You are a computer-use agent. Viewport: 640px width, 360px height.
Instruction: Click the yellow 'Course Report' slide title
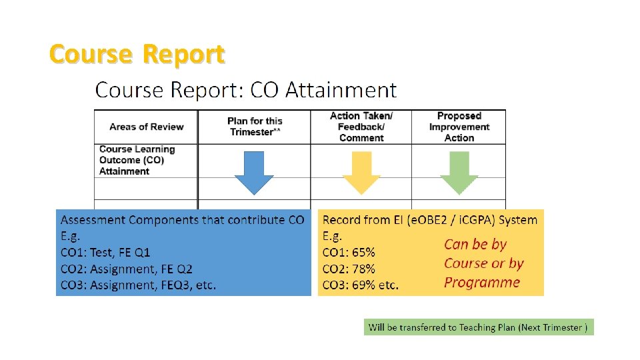137,54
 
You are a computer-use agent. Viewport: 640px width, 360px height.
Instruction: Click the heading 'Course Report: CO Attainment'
246,89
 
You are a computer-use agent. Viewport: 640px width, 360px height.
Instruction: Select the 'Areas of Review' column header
147,127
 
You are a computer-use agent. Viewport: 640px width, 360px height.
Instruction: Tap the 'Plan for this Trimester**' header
255,127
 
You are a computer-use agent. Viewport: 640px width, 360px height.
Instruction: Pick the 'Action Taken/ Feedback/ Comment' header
361,127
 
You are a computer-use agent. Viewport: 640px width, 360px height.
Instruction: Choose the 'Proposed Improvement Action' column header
459,127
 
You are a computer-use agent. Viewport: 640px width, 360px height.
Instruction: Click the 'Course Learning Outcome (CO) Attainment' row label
137,160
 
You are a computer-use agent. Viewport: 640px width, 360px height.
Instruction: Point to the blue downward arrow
254,173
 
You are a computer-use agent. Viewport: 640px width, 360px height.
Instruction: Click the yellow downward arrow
361,173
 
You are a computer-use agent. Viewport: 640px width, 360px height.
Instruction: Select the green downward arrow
459,173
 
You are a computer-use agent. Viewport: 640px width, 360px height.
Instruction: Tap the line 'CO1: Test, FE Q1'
105,253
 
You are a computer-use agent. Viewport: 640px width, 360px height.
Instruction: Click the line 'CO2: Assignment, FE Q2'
127,269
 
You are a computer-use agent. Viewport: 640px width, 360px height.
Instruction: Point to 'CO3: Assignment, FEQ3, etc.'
138,285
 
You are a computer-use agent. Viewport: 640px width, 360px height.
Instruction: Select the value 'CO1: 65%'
349,253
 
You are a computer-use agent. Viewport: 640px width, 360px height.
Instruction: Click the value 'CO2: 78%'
349,269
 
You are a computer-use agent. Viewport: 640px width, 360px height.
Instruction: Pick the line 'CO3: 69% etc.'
361,285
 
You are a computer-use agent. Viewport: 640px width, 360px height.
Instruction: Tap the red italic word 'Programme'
482,282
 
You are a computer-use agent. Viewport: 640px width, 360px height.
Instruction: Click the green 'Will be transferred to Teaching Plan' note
478,327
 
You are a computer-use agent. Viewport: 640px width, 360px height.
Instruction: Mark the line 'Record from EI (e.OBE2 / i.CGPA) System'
430,220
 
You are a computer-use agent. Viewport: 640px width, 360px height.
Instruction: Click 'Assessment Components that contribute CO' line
182,220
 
